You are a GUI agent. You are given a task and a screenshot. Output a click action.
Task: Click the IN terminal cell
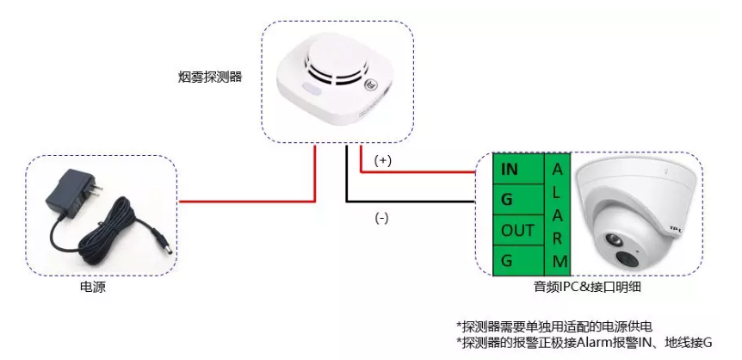coord(510,169)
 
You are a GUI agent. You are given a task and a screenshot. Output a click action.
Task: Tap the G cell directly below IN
coord(510,200)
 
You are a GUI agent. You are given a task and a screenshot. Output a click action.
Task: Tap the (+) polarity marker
coord(384,161)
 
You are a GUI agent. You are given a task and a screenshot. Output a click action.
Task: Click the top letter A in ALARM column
coord(558,165)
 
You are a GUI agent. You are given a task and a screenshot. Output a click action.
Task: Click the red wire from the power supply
coord(250,201)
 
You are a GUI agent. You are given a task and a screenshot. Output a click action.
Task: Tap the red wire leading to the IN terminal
coord(422,171)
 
